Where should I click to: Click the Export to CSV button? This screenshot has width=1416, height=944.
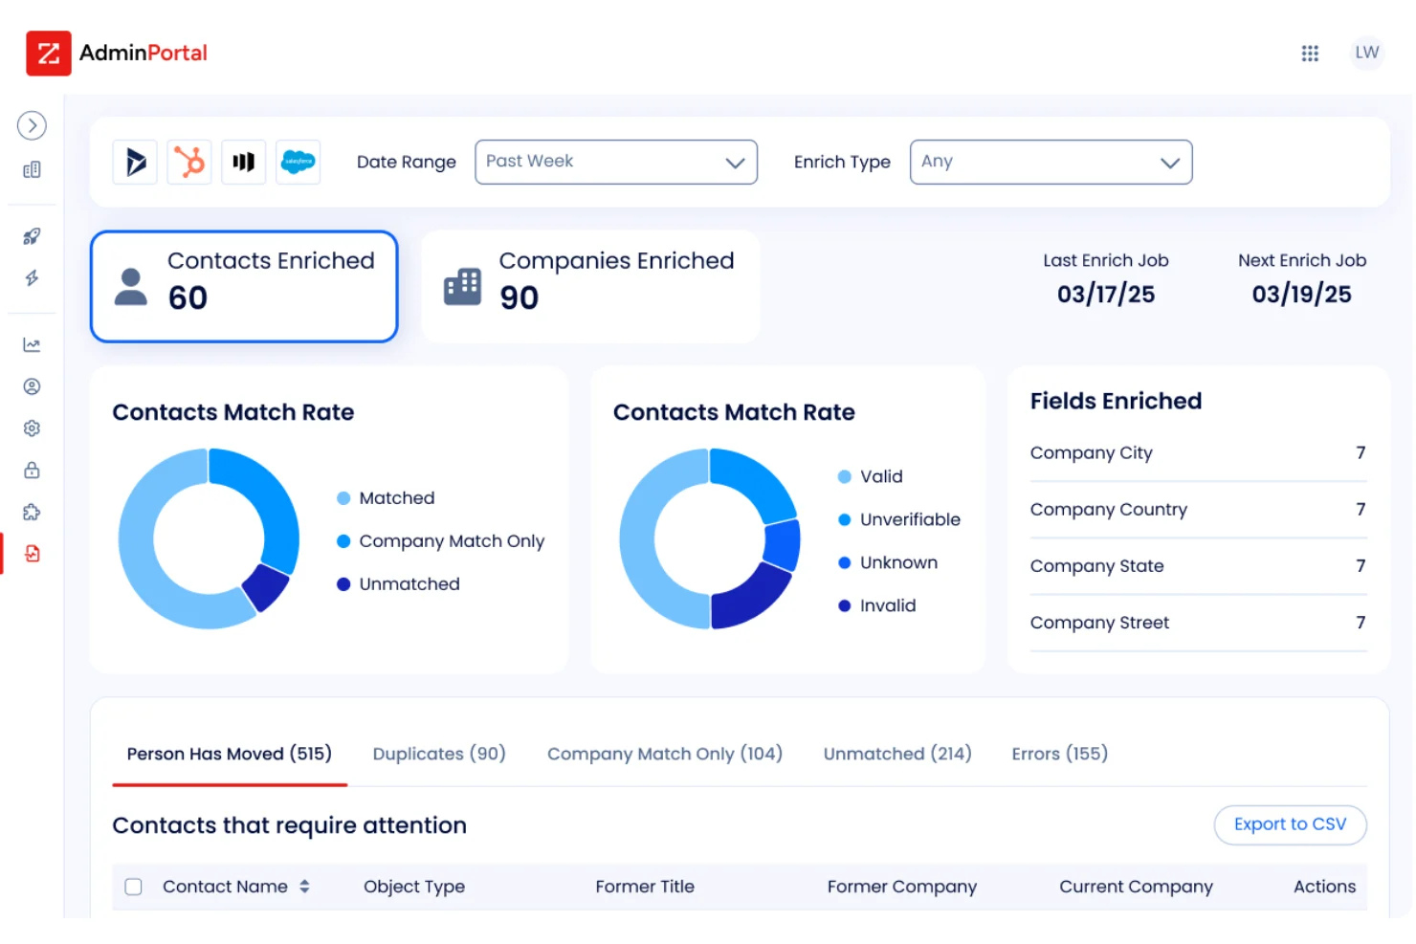[x=1289, y=824]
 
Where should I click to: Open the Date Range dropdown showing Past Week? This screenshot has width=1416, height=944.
[x=615, y=162]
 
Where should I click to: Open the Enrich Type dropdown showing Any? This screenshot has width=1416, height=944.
[x=1050, y=162]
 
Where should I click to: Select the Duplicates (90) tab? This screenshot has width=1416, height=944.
[x=438, y=754]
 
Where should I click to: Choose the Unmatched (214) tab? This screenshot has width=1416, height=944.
[x=896, y=754]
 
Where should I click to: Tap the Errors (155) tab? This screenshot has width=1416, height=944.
[x=1059, y=754]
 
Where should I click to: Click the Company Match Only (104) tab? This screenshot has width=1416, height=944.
[x=664, y=754]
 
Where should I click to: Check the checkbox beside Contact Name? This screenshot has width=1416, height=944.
[x=134, y=887]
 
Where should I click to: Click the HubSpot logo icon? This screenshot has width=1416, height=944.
[x=189, y=162]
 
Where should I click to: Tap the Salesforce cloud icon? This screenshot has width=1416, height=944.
[x=298, y=162]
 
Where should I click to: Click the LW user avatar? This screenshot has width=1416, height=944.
[x=1366, y=53]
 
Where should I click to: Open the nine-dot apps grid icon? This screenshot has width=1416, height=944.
[x=1310, y=54]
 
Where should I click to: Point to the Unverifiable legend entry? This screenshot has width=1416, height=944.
[x=909, y=519]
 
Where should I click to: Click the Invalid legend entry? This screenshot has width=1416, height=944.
[x=887, y=605]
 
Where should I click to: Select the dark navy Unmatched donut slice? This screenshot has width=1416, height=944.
[x=266, y=586]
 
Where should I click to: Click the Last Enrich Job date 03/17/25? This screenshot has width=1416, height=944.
[x=1105, y=295]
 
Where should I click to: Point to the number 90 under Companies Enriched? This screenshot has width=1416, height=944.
[x=519, y=298]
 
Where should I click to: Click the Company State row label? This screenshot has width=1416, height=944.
[x=1096, y=566]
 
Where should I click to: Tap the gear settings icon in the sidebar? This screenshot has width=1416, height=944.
[x=32, y=428]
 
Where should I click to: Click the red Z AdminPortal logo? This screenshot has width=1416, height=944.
[x=49, y=54]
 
